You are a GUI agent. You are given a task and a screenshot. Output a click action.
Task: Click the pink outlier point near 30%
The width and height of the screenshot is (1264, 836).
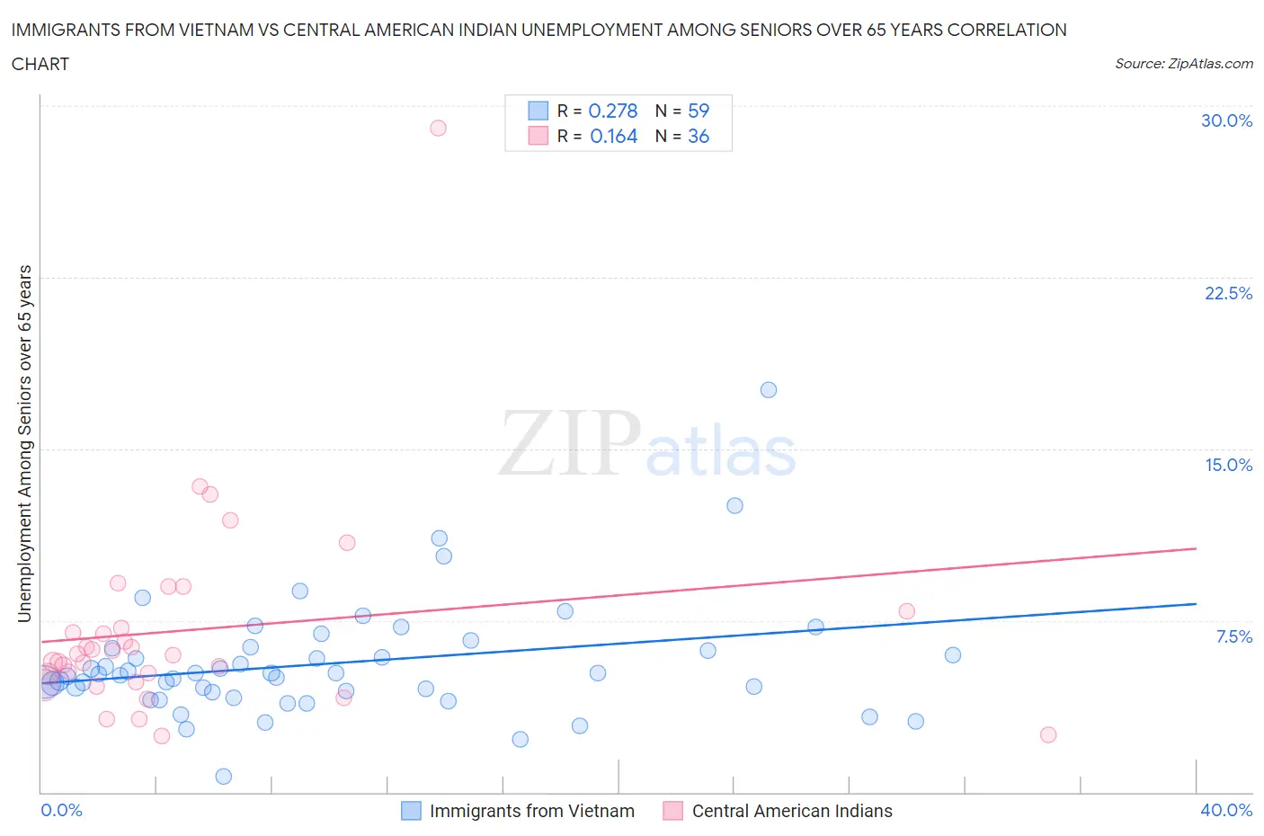coord(438,128)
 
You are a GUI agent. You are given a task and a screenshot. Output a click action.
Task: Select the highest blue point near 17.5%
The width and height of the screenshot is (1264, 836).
coord(769,390)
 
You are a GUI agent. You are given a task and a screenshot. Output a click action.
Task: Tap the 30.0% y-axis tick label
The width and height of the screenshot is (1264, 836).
coord(1226,120)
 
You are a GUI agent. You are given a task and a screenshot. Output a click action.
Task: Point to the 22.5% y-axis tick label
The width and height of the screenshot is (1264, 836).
coord(1228,293)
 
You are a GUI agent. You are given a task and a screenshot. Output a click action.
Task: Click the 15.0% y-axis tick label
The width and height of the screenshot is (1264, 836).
coord(1228,465)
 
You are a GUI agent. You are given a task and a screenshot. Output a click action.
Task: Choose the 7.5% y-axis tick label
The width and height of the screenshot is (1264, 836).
coord(1233,636)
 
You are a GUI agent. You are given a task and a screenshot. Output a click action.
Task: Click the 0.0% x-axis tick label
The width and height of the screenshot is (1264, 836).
coord(61,810)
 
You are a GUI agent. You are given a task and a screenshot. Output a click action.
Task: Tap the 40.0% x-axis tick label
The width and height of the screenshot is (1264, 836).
coord(1226,810)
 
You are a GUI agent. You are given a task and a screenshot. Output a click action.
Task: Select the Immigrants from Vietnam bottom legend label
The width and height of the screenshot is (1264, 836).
coord(532,811)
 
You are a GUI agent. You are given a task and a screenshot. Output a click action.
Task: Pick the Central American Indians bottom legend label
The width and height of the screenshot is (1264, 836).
coord(792,811)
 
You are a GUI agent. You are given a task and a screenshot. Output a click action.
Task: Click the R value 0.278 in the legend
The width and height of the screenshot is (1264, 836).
coord(612,111)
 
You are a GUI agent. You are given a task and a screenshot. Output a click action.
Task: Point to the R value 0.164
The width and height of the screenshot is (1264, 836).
coord(613,136)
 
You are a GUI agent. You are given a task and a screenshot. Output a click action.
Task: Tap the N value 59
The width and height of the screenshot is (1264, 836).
coord(699,111)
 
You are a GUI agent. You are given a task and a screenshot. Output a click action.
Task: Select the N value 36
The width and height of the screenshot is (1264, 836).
coord(699,136)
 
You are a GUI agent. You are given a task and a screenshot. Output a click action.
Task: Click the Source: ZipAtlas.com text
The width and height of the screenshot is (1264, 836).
coord(1183,63)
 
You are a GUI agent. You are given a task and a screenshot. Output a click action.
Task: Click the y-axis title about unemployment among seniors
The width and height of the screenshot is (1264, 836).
coord(25,443)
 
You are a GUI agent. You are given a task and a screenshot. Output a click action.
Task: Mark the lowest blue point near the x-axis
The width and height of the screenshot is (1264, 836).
coord(224,777)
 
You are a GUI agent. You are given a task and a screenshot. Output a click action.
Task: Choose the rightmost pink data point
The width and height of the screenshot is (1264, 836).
coord(1048,734)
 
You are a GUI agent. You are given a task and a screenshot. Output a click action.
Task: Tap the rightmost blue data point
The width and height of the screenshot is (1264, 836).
coord(953,655)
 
